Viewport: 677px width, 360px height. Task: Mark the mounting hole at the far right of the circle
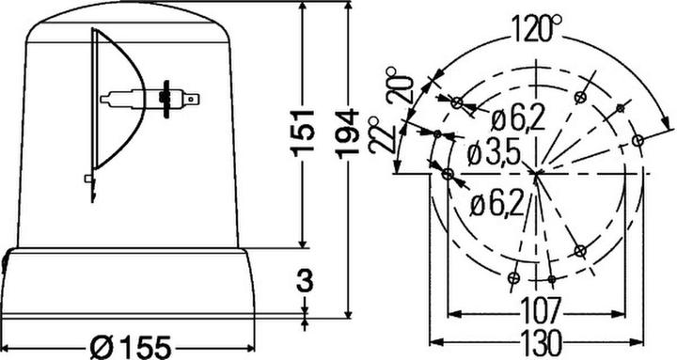638,140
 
